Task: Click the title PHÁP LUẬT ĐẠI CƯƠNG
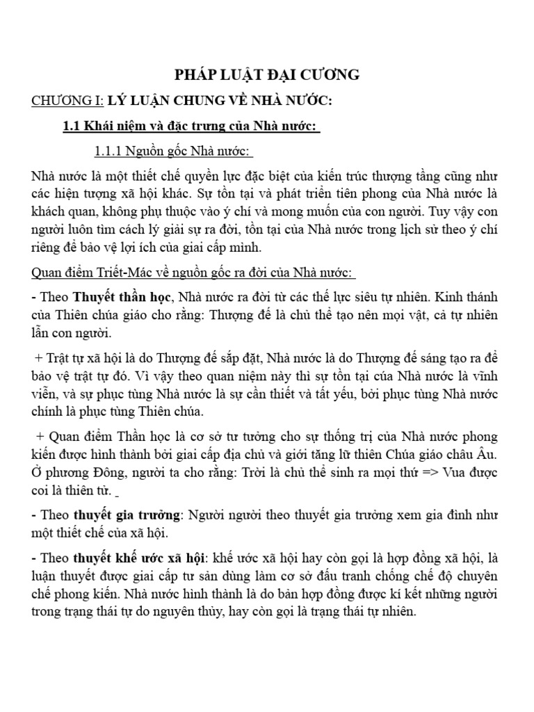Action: (x=268, y=74)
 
